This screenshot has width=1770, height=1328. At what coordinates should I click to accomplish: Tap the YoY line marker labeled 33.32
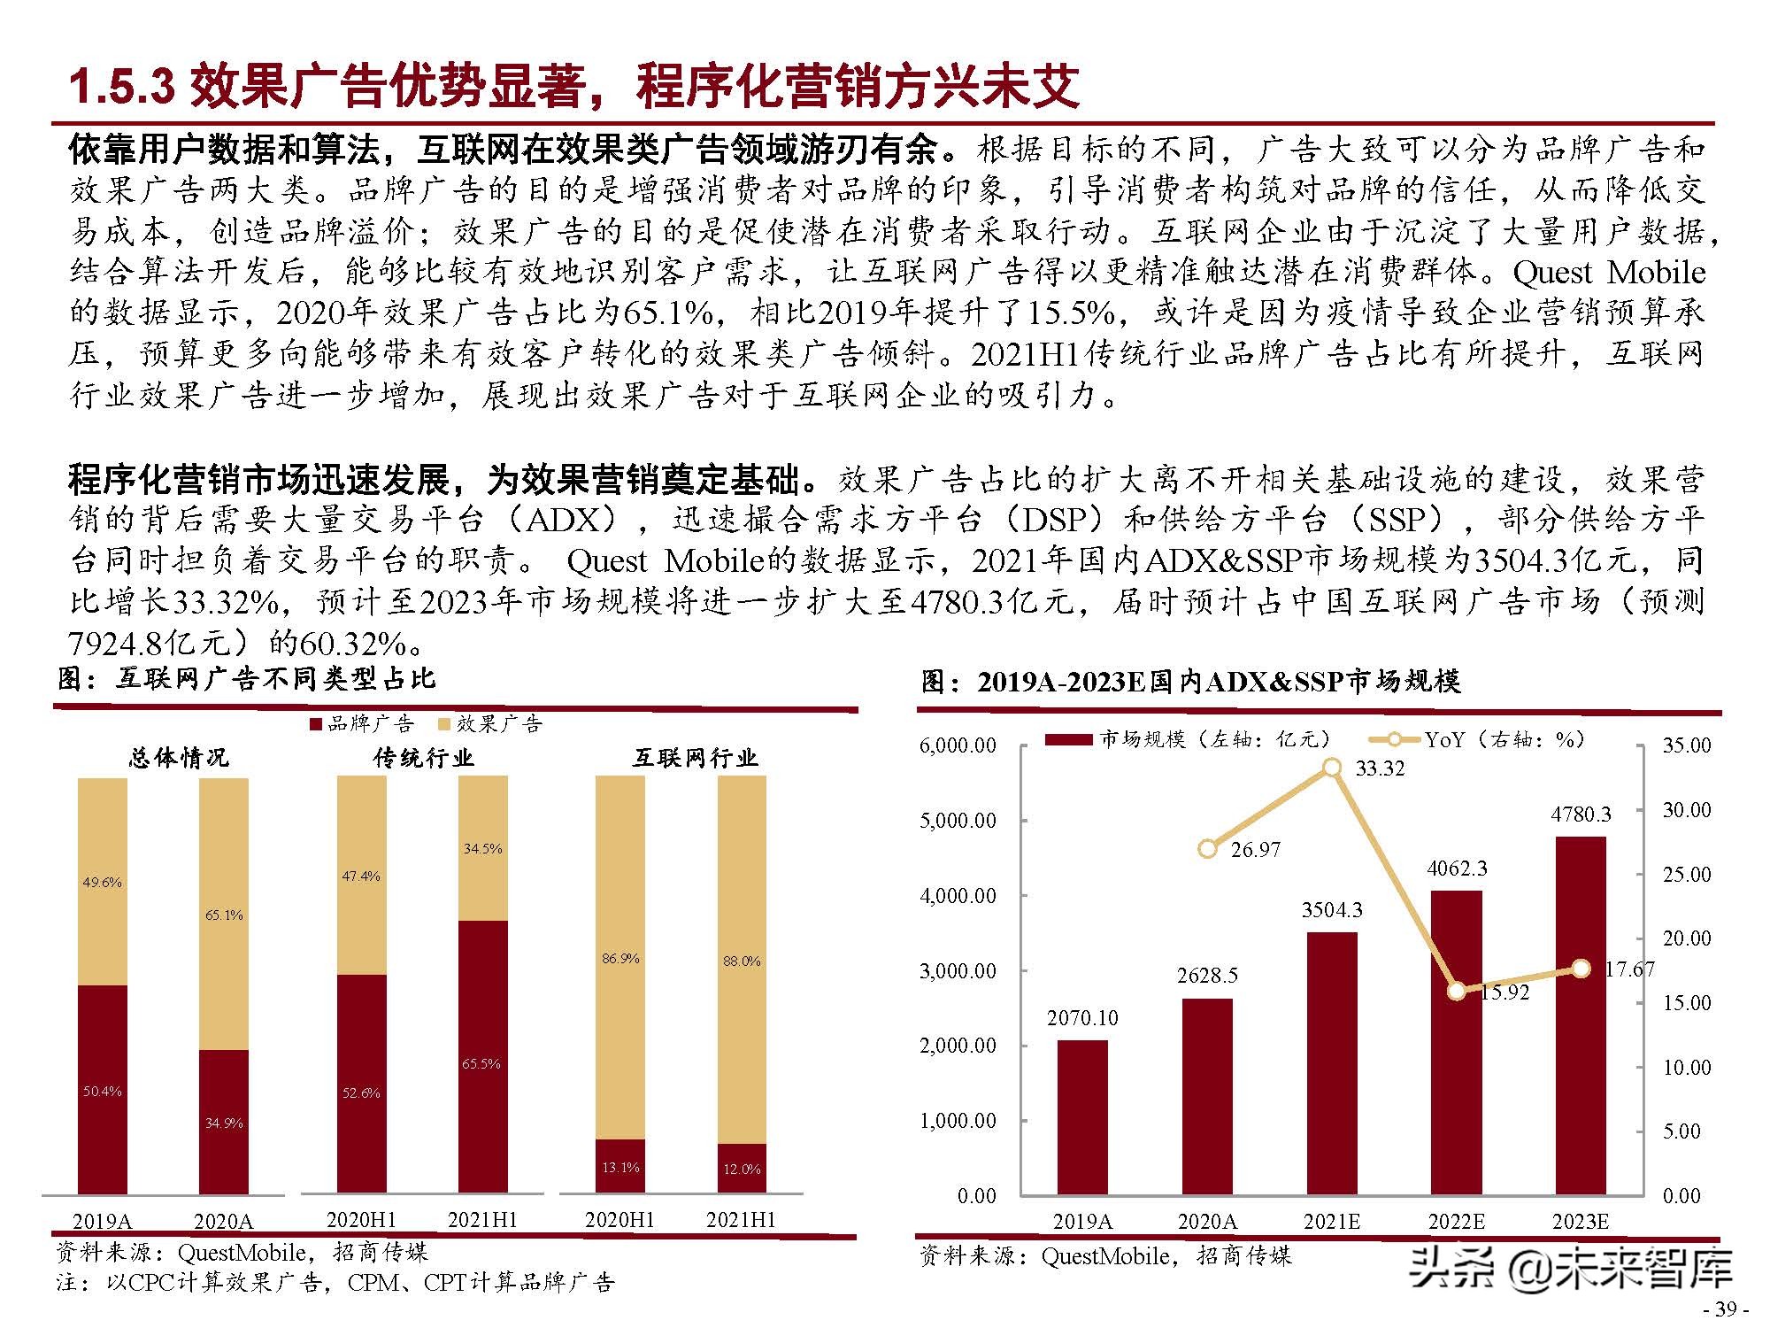coord(1332,768)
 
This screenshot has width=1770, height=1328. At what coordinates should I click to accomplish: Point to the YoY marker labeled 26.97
coord(1207,848)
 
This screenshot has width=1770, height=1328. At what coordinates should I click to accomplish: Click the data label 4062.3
coord(1457,869)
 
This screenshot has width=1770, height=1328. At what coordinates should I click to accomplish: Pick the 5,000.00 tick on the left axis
coord(958,821)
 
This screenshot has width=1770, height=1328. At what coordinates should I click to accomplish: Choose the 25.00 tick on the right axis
coord(1686,875)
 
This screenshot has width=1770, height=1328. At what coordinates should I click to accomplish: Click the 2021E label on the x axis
coord(1331,1222)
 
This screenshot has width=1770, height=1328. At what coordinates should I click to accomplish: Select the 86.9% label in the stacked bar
coord(619,958)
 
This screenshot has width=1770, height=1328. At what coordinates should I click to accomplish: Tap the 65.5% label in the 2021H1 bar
coord(481,1063)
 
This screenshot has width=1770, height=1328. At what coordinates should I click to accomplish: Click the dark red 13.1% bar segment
coord(619,1167)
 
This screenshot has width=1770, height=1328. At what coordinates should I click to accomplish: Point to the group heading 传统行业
coord(423,758)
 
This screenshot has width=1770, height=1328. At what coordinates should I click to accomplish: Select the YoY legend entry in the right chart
coord(1478,739)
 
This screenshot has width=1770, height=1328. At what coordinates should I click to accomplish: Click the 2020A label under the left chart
coord(223,1222)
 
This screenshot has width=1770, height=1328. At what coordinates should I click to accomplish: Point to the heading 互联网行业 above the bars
coord(695,758)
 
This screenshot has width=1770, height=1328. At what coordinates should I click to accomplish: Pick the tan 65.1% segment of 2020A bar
coord(223,915)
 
